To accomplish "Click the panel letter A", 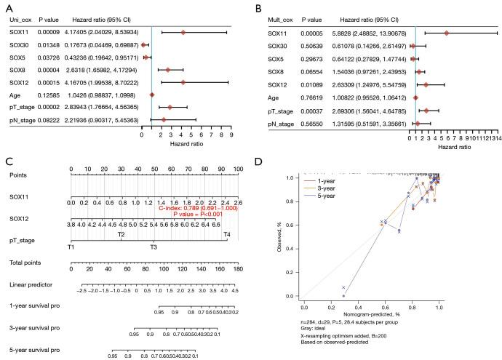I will click(7, 7).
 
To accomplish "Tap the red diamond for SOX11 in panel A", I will click(183, 32).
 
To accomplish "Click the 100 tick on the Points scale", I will click(236, 168).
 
